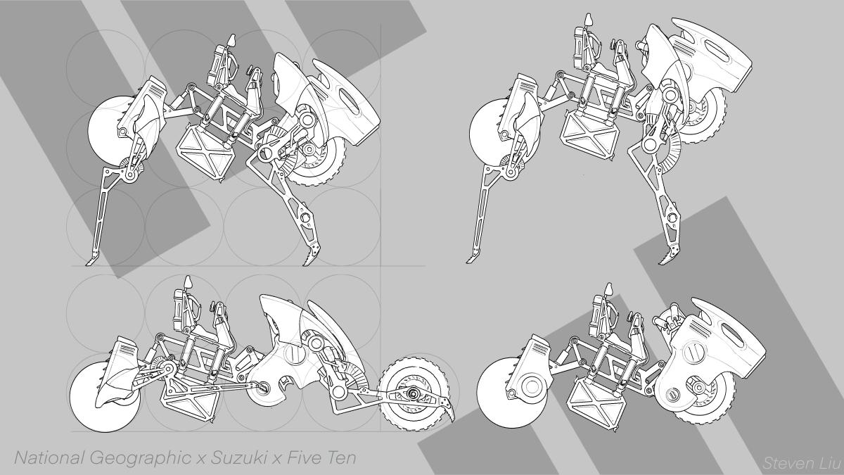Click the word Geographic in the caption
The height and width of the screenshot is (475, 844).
click(140, 459)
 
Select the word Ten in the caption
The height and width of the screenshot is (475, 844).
click(340, 458)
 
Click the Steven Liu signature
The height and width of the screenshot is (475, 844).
click(803, 463)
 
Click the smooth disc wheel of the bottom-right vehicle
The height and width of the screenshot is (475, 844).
click(494, 392)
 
